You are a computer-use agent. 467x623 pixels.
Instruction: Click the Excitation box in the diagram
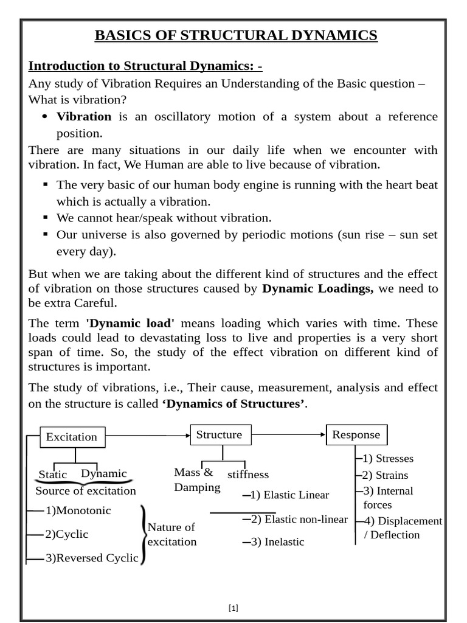pos(72,437)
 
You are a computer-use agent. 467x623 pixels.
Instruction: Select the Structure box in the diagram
pos(219,435)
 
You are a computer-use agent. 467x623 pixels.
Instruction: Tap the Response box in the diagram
pos(356,435)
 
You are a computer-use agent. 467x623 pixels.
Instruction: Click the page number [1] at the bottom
pos(233,608)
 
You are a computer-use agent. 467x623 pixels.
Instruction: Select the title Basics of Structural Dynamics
pos(236,36)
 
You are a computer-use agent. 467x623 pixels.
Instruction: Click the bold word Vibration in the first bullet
pos(84,116)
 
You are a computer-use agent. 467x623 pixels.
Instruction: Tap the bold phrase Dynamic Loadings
pos(318,289)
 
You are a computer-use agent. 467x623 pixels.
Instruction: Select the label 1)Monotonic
pos(78,511)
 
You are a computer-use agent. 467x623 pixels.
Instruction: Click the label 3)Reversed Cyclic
pos(92,558)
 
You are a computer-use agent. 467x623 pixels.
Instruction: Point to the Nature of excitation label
pos(171,534)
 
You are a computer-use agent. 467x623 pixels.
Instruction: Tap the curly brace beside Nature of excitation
pos(144,534)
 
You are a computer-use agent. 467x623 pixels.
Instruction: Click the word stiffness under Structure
pos(248,475)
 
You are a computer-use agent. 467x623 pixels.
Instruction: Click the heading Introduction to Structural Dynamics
pos(146,66)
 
